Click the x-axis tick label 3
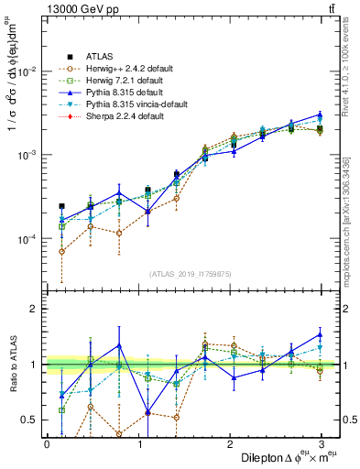[x=322, y=443]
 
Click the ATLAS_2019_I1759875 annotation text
[x=184, y=274]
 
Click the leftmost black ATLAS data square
[x=62, y=207]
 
